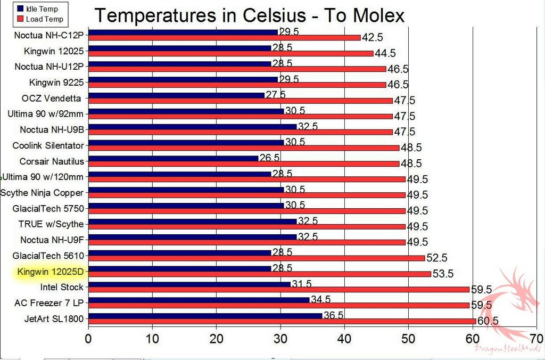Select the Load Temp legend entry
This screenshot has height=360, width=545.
click(x=40, y=19)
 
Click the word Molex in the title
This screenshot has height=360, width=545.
click(x=373, y=15)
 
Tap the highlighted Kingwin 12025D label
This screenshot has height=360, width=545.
click(x=51, y=272)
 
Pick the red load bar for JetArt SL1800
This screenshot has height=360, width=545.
click(x=282, y=321)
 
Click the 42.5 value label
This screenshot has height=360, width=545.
click(x=373, y=38)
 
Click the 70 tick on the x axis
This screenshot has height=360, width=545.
click(x=536, y=339)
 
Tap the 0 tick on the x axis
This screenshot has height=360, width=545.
click(x=88, y=339)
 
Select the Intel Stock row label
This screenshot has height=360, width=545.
click(x=62, y=288)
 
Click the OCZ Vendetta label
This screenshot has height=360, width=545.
click(x=51, y=98)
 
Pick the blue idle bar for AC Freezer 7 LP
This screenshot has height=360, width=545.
click(x=199, y=300)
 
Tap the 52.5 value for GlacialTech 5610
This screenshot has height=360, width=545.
click(x=436, y=258)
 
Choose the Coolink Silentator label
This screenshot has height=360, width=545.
click(x=48, y=145)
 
